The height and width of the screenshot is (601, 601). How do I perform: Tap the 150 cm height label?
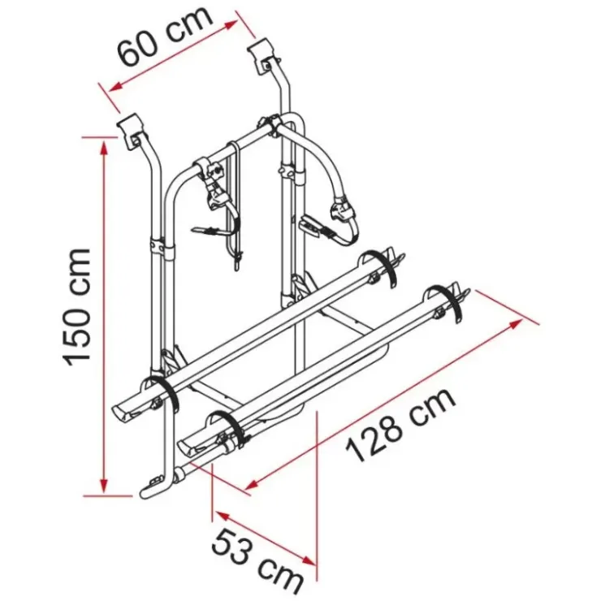(77, 307)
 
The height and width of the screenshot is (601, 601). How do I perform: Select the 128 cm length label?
(401, 426)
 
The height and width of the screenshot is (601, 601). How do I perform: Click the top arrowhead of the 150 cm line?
(103, 146)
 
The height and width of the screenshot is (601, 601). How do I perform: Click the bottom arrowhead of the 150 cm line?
(103, 486)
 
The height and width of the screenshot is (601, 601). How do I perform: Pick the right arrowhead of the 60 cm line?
(230, 25)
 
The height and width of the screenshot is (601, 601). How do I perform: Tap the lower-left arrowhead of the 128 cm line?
(252, 485)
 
